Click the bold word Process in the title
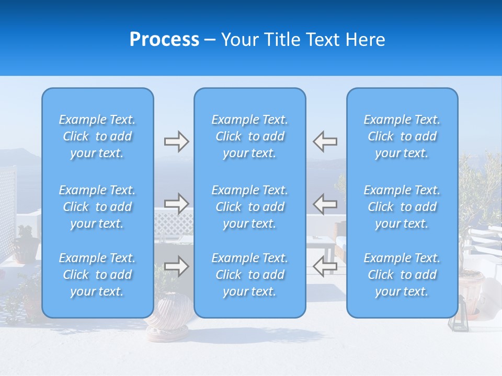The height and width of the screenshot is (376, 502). pyautogui.click(x=164, y=40)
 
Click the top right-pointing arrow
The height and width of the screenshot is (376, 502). pyautogui.click(x=176, y=142)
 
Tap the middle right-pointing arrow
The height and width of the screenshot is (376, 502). pyautogui.click(x=176, y=203)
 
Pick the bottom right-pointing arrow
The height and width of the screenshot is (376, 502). pyautogui.click(x=176, y=266)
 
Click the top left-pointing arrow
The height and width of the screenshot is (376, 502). pyautogui.click(x=325, y=142)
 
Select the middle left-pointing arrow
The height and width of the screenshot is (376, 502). pyautogui.click(x=325, y=203)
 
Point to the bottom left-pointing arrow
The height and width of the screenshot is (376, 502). pyautogui.click(x=325, y=266)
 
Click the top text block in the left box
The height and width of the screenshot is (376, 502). pyautogui.click(x=97, y=136)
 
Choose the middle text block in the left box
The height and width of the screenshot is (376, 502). pyautogui.click(x=97, y=207)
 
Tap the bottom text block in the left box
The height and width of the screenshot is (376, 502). pyautogui.click(x=97, y=275)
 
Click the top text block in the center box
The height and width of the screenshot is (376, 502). pyautogui.click(x=250, y=136)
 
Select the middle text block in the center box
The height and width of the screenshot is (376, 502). pyautogui.click(x=250, y=207)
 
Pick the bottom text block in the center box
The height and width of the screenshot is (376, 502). pyautogui.click(x=250, y=275)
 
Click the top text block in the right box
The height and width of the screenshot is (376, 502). pyautogui.click(x=402, y=136)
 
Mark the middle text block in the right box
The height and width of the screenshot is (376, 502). pyautogui.click(x=402, y=207)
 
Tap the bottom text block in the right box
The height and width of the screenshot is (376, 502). pyautogui.click(x=402, y=275)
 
